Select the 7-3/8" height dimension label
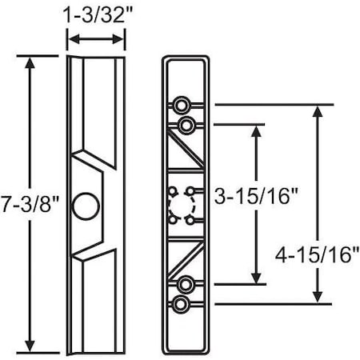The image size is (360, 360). coord(30,205)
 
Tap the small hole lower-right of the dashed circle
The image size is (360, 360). coord(190,218)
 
